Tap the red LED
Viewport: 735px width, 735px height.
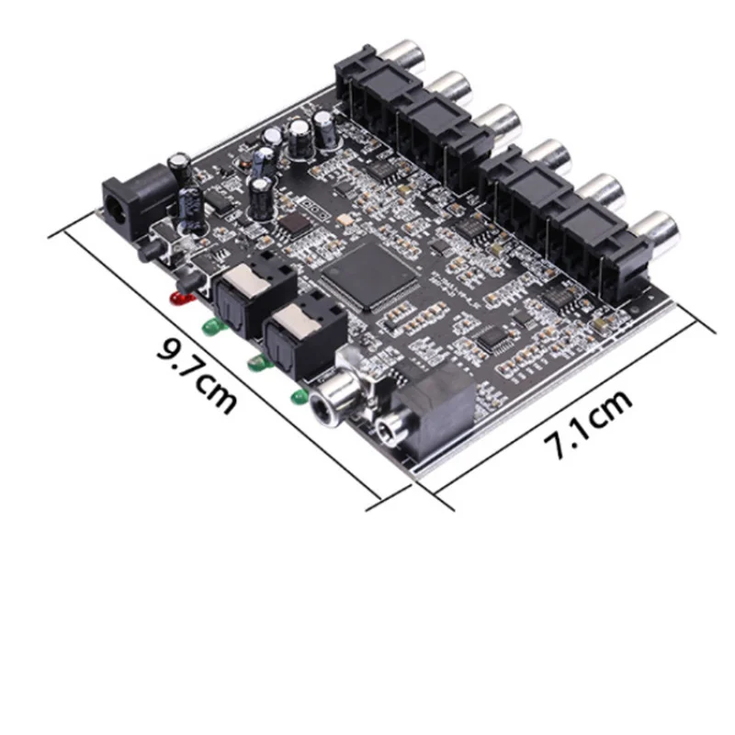point(180,299)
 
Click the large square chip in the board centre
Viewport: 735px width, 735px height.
point(369,276)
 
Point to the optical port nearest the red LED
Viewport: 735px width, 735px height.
point(254,295)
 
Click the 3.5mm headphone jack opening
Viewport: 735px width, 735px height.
point(388,430)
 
